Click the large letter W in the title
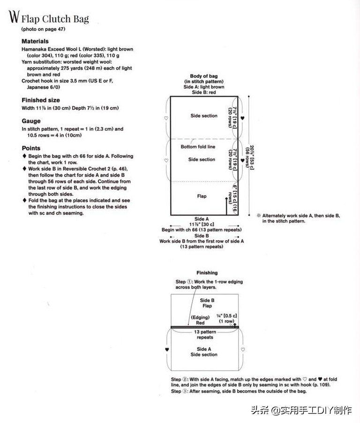pyautogui.click(x=14, y=17)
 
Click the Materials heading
pyautogui.click(x=35, y=41)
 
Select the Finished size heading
pyautogui.click(x=41, y=100)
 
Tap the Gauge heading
pyautogui.click(x=31, y=121)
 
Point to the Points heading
pyautogui.click(x=31, y=148)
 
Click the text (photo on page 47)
pyautogui.click(x=43, y=29)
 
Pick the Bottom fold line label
pyautogui.click(x=198, y=147)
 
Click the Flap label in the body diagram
pyautogui.click(x=202, y=196)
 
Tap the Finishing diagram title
pyautogui.click(x=207, y=273)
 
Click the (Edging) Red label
pyautogui.click(x=201, y=320)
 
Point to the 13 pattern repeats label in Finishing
pyautogui.click(x=205, y=334)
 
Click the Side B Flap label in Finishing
pyautogui.click(x=207, y=303)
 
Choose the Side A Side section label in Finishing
pyautogui.click(x=204, y=352)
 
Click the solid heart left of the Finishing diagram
pyautogui.click(x=167, y=349)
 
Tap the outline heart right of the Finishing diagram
pyautogui.click(x=242, y=349)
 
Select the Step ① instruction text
pyautogui.click(x=209, y=284)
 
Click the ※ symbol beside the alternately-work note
pyautogui.click(x=258, y=215)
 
